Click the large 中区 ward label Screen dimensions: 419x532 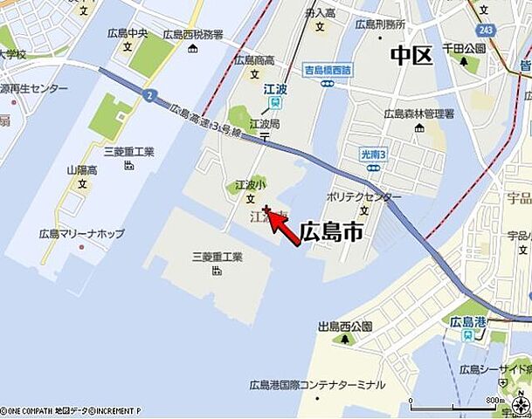click(411, 56)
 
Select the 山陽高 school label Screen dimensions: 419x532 click(82, 171)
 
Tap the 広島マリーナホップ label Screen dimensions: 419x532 click(83, 234)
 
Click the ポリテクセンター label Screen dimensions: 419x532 click(364, 197)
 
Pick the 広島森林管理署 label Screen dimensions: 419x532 click(419, 113)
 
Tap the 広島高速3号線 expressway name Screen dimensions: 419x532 click(204, 119)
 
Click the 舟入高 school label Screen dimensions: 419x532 click(319, 13)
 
